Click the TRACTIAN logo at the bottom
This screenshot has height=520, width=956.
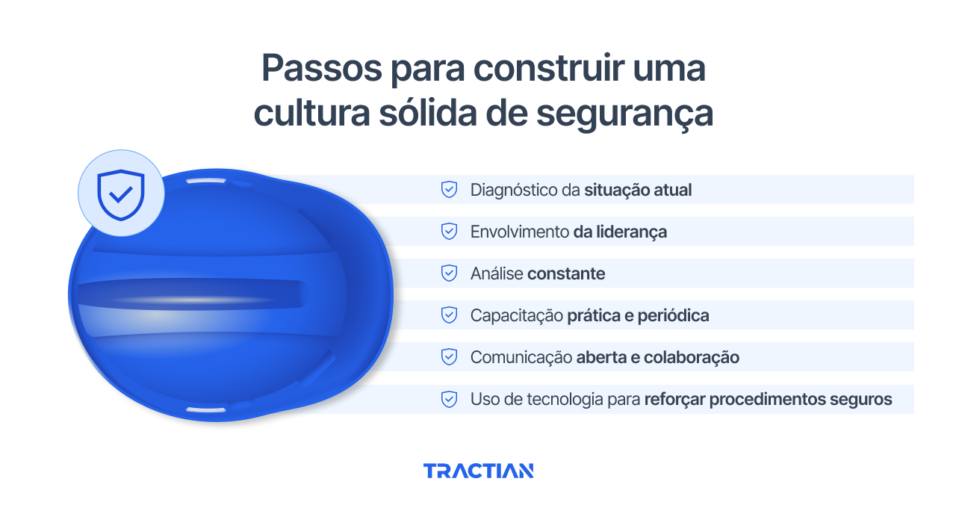pos(478,471)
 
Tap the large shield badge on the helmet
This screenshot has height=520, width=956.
pos(121,194)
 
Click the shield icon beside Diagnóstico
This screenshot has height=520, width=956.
pos(449,190)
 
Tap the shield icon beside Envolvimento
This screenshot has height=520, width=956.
pos(449,232)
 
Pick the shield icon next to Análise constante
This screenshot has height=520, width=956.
pos(449,273)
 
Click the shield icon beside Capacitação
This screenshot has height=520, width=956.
pos(449,315)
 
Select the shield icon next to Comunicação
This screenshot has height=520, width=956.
pos(449,357)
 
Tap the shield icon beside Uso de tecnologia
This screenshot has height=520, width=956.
pos(449,399)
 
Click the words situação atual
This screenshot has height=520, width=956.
pos(638,190)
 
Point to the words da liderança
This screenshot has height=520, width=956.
pos(620,232)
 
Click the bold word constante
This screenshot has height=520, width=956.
pos(566,273)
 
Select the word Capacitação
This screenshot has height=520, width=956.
pos(516,315)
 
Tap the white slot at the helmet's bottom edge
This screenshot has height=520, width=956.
pos(205,410)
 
